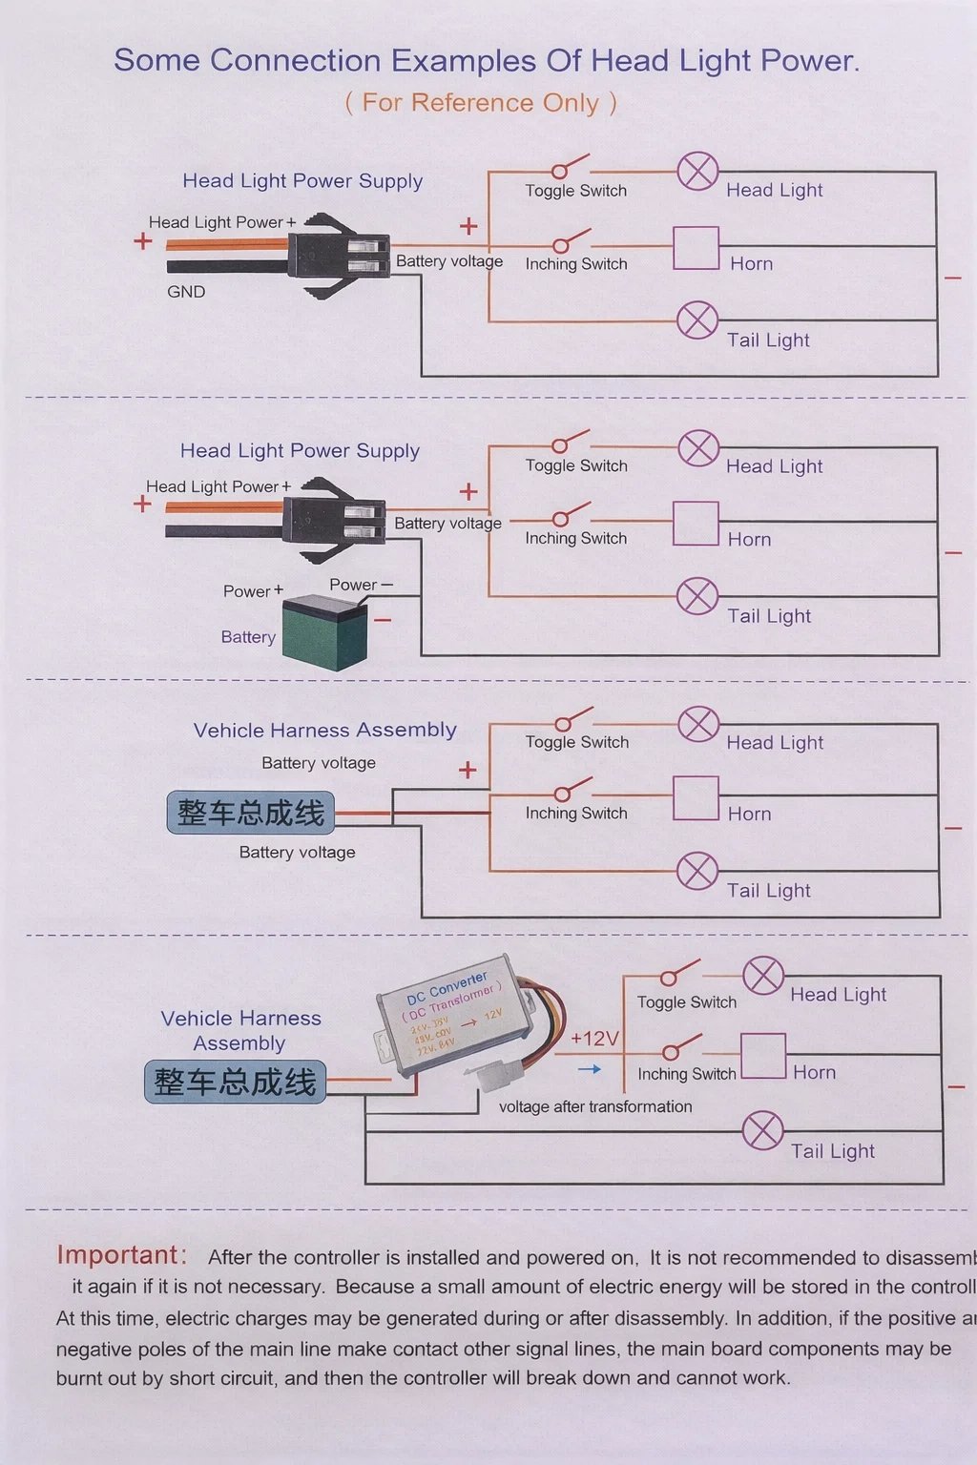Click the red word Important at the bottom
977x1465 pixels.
117,1255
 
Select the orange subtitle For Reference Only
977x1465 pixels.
481,103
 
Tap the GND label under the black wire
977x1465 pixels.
186,292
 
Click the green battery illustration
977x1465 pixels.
325,631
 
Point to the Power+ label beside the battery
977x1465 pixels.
253,591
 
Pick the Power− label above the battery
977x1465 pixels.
361,585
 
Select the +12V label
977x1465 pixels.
594,1039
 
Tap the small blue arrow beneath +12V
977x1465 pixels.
590,1069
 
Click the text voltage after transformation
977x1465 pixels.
595,1106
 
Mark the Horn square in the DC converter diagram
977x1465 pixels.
763,1056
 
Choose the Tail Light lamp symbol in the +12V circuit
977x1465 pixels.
763,1131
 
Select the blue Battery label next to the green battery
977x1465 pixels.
248,637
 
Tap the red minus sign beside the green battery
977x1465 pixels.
383,621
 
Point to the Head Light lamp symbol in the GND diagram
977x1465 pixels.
697,172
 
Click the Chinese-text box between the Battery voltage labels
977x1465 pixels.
251,813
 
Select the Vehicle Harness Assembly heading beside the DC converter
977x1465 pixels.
240,1031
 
